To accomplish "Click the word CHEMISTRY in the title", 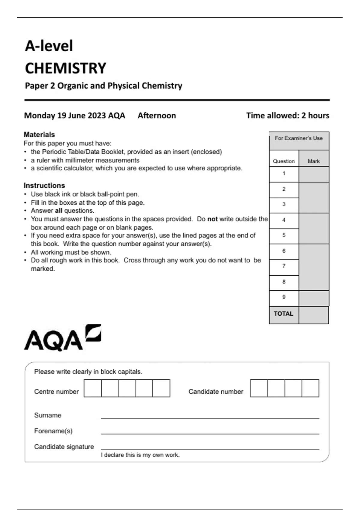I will coord(65,68).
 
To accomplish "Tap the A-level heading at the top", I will coord(49,46).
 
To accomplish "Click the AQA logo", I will coord(62,338).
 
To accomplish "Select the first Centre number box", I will coord(93,388).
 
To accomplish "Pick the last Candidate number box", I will coord(310,388).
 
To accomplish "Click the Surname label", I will coord(48,415).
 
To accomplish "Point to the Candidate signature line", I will coord(210,449).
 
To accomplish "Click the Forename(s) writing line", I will coord(210,433).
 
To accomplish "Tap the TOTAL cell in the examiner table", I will coord(283,314).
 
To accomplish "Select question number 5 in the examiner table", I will coord(284,235).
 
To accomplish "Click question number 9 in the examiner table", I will coord(284,297).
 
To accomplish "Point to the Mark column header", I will coord(314,161).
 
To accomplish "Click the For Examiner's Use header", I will coord(299,138).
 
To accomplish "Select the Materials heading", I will coord(39,134).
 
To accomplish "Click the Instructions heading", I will coord(44,185).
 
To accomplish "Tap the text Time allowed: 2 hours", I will coord(288,115).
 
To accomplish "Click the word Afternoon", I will coord(157,115).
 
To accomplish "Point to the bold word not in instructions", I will coord(212,219).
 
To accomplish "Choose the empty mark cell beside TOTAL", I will coord(314,315).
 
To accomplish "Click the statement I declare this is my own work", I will coord(140,455).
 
